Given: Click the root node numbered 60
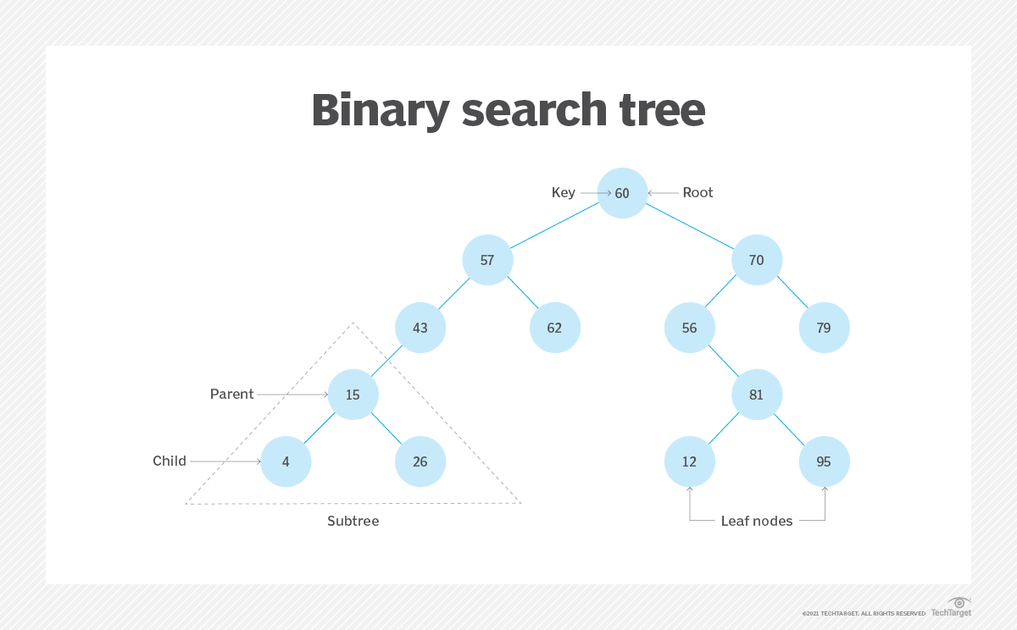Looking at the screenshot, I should point(622,193).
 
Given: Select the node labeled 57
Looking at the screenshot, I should point(487,260).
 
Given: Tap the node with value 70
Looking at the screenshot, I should point(756,260).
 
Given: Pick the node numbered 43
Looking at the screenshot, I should point(420,328).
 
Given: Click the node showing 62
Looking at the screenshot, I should point(554,328).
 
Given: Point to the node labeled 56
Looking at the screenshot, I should point(689,328).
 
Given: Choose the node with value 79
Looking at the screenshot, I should point(824,328).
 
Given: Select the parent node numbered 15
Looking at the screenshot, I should point(353,395).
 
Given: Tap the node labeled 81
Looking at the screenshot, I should point(756,395).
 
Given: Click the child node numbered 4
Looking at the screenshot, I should point(286,461).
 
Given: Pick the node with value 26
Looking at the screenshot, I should point(420,461).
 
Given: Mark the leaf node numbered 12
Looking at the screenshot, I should point(689,461).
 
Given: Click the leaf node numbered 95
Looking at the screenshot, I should point(824,461).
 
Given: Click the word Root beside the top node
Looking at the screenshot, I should point(697,193).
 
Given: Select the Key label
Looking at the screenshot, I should point(564,193).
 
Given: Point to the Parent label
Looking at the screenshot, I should point(231,395).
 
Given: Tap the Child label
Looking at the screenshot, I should point(169,461).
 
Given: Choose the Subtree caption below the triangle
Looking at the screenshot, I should point(353,522).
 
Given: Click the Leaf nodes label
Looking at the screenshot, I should point(757,522).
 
